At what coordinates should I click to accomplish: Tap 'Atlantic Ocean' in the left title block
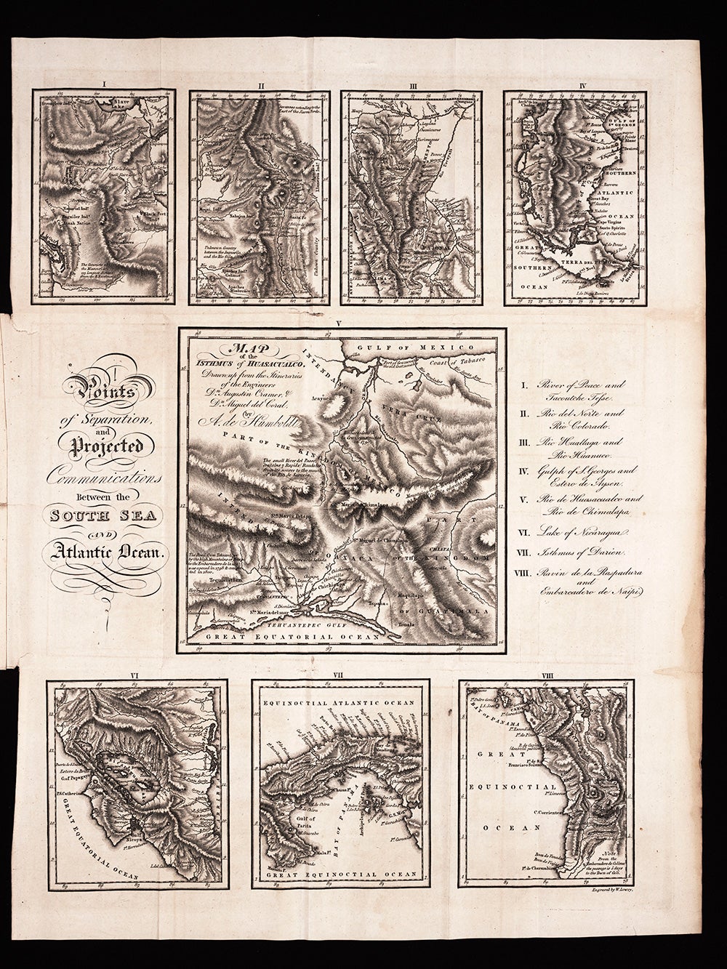[109, 552]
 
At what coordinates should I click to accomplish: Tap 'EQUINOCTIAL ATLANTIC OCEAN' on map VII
[337, 704]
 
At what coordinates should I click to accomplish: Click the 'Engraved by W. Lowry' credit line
[603, 889]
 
